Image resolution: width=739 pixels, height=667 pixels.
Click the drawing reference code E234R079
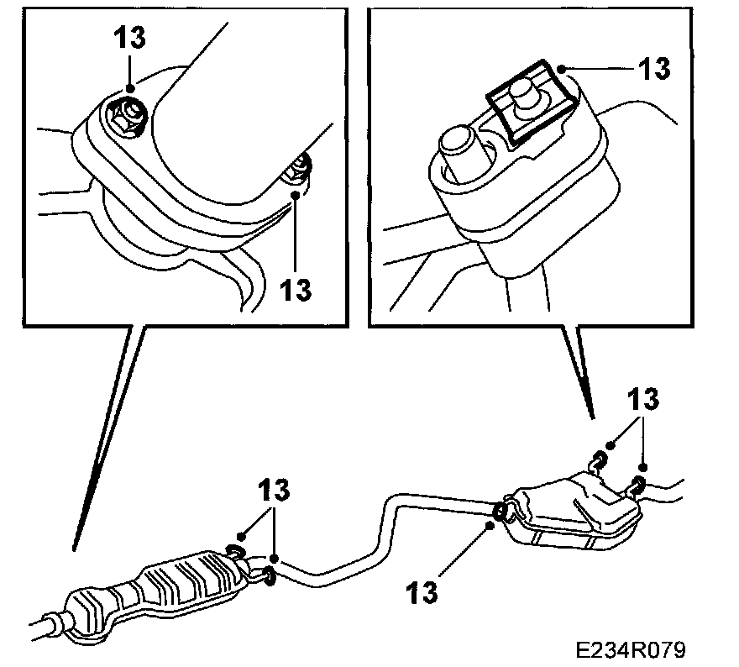coord(631,649)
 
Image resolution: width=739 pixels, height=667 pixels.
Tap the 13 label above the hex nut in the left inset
coord(130,38)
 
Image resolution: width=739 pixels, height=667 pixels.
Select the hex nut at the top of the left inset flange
coord(126,110)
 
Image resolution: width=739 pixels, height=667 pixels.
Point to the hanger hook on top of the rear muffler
coord(598,460)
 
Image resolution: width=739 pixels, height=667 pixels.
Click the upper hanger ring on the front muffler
coord(235,551)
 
